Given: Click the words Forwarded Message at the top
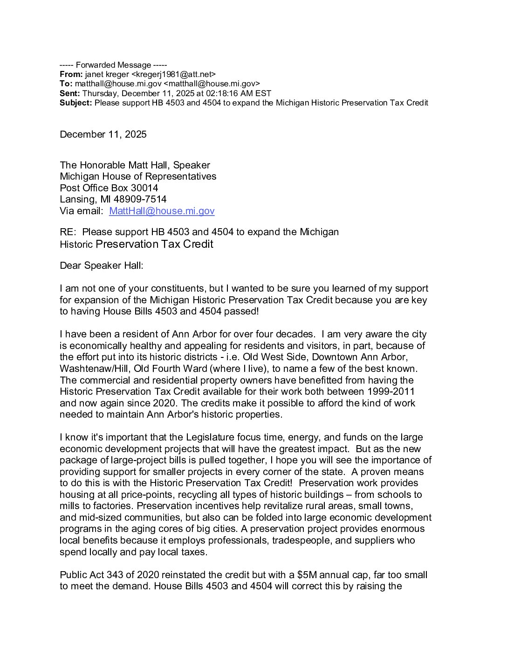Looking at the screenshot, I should coord(113,65).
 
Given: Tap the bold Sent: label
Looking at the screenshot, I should coord(70,93).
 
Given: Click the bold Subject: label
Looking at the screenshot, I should coord(76,103).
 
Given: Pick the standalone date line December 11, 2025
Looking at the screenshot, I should coord(103,134).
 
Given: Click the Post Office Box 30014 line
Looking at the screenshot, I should coord(109,188).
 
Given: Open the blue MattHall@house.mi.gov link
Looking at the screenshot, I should coord(162,211).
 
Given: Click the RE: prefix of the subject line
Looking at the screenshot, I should coord(69,232).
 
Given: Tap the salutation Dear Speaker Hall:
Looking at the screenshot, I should coord(102,266).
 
